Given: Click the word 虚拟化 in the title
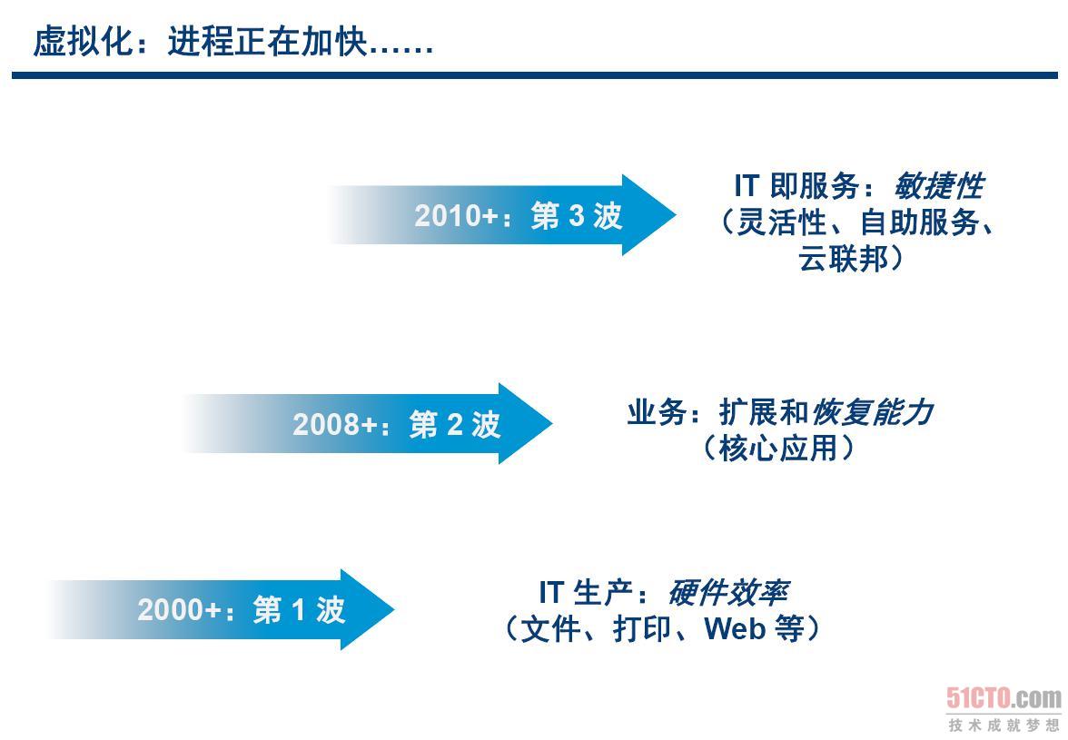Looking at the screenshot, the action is pyautogui.click(x=83, y=42).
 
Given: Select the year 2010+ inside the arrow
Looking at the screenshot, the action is pyautogui.click(x=456, y=216).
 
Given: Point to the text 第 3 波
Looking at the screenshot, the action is pyautogui.click(x=577, y=216).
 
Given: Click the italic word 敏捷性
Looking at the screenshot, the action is pyautogui.click(x=939, y=186).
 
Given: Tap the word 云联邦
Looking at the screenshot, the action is pyautogui.click(x=844, y=259).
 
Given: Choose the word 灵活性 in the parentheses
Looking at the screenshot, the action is pyautogui.click(x=782, y=222).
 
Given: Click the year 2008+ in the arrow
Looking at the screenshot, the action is pyautogui.click(x=334, y=424).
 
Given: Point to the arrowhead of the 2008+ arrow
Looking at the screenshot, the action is pyautogui.click(x=525, y=423).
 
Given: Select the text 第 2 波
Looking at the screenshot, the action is pyautogui.click(x=455, y=424).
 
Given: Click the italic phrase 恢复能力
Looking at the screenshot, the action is pyautogui.click(x=874, y=412).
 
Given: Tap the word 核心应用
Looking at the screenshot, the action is pyautogui.click(x=777, y=448).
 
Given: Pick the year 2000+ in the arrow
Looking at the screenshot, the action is pyautogui.click(x=179, y=609).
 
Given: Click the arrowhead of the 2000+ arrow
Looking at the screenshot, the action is pyautogui.click(x=368, y=609).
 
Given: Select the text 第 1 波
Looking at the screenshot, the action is pyautogui.click(x=299, y=609).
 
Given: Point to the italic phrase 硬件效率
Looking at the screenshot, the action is pyautogui.click(x=728, y=592).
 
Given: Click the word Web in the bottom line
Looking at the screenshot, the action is pyautogui.click(x=735, y=628).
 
